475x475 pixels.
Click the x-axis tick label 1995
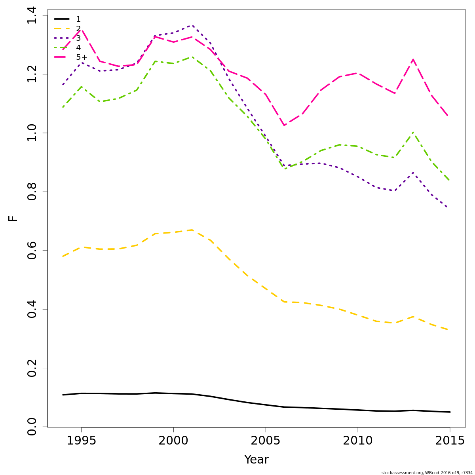[81, 441]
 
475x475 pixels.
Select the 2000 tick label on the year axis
[173, 441]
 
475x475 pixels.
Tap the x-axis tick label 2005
[266, 441]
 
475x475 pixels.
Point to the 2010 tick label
[358, 441]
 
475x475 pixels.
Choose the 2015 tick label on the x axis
[450, 441]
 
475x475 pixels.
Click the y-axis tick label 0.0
[32, 427]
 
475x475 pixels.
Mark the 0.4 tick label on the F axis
[32, 309]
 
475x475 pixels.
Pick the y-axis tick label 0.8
[32, 192]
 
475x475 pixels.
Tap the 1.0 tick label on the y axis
[32, 133]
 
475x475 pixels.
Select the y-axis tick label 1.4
[32, 15]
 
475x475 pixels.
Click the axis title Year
[256, 460]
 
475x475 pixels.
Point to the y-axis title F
[13, 218]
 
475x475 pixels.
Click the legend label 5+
[82, 57]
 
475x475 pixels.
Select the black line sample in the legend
[62, 19]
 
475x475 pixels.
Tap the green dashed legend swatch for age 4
[62, 47]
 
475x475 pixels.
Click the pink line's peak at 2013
[413, 59]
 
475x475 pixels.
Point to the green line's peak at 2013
[413, 132]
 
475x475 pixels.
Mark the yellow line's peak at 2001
[192, 230]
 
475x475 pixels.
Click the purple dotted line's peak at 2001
[192, 25]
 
